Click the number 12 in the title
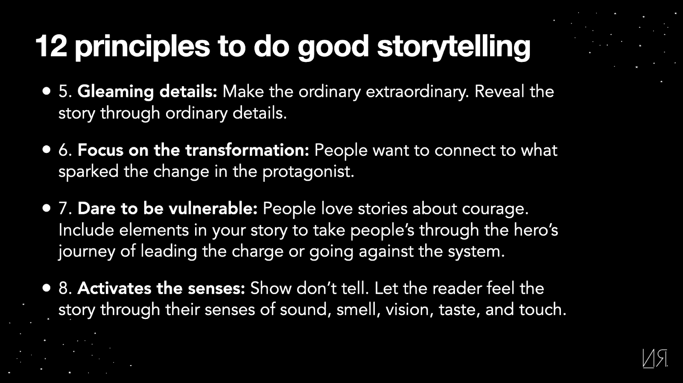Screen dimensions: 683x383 51,47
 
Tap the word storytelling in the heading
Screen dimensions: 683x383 454,47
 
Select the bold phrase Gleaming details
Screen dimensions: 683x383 147,91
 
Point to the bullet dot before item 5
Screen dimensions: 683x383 47,91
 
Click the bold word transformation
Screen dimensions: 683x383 247,150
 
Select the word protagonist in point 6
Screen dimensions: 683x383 309,172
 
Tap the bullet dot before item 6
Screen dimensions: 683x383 47,149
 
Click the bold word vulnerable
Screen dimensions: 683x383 213,208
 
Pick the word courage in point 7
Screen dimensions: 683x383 495,209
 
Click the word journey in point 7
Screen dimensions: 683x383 87,252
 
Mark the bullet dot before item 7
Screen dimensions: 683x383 47,208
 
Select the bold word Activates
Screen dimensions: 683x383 114,289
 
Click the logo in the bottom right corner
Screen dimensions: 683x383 655,358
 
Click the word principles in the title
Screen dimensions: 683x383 143,47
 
